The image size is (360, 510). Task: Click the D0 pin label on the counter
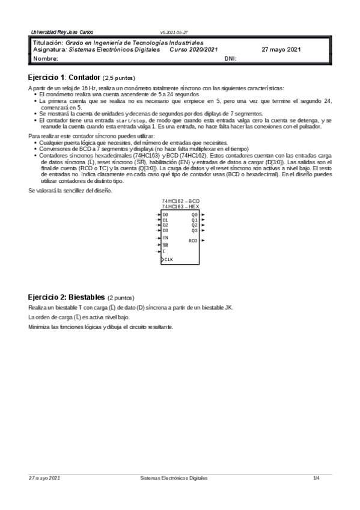tap(165, 214)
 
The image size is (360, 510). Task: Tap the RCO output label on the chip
tap(193, 241)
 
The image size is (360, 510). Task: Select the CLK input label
tap(169, 259)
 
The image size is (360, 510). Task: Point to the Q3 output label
tap(194, 230)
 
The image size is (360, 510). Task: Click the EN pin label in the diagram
tap(165, 238)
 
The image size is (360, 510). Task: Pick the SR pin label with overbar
tap(165, 245)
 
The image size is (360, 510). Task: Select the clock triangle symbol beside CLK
tap(162, 259)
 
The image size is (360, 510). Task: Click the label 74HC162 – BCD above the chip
tap(181, 201)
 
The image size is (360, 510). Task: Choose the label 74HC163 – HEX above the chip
tap(181, 206)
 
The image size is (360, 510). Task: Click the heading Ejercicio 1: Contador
tap(65, 78)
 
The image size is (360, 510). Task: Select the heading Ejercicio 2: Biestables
tap(67, 297)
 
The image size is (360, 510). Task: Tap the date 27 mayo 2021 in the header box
tap(282, 51)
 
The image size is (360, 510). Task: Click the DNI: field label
tap(230, 59)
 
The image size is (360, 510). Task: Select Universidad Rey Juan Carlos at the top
tap(63, 31)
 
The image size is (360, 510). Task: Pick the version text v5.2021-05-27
tap(174, 31)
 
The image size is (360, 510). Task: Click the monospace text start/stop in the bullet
tap(117, 120)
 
